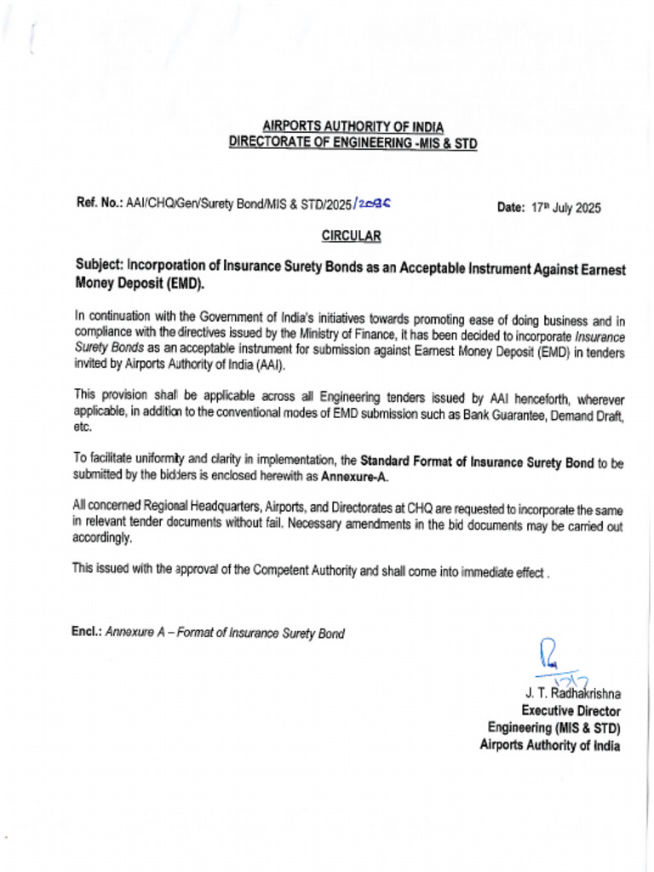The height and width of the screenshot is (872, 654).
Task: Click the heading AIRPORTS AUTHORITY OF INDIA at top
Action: coord(353,127)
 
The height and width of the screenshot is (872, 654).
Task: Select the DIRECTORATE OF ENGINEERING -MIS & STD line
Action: coord(353,143)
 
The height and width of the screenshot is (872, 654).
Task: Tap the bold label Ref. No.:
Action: coord(100,203)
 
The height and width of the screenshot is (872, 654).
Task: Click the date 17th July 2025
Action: coord(565,208)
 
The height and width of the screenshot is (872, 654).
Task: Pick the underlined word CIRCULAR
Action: coord(351,236)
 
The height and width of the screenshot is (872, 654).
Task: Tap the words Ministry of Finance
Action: coord(290,333)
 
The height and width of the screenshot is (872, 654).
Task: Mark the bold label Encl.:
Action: coord(87,633)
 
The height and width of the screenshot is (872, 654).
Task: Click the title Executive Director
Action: coord(571,710)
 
